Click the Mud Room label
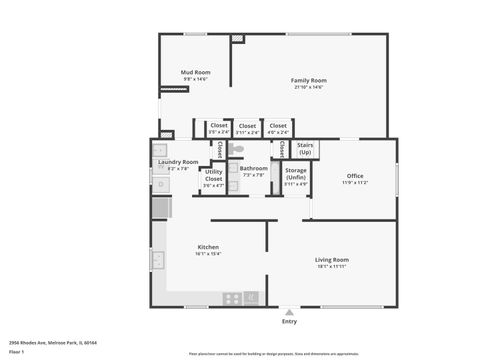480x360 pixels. (x=195, y=72)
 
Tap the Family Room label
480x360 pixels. (x=309, y=80)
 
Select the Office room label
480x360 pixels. (x=355, y=176)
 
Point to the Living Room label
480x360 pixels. (x=332, y=260)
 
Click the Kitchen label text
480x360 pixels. (x=208, y=247)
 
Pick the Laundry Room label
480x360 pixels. (x=178, y=162)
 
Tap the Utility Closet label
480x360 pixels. (x=214, y=175)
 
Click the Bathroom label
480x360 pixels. (x=254, y=168)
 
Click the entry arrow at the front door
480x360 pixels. (x=289, y=312)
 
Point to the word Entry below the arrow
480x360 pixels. (x=289, y=321)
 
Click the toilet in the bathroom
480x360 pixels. (x=237, y=149)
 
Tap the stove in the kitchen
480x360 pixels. (x=232, y=298)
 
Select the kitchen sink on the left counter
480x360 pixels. (x=158, y=260)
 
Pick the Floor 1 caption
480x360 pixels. (x=17, y=352)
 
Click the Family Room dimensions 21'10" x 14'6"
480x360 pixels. (x=309, y=87)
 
